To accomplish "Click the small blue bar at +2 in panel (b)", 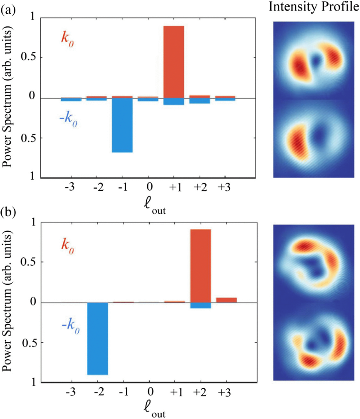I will coord(200,305).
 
